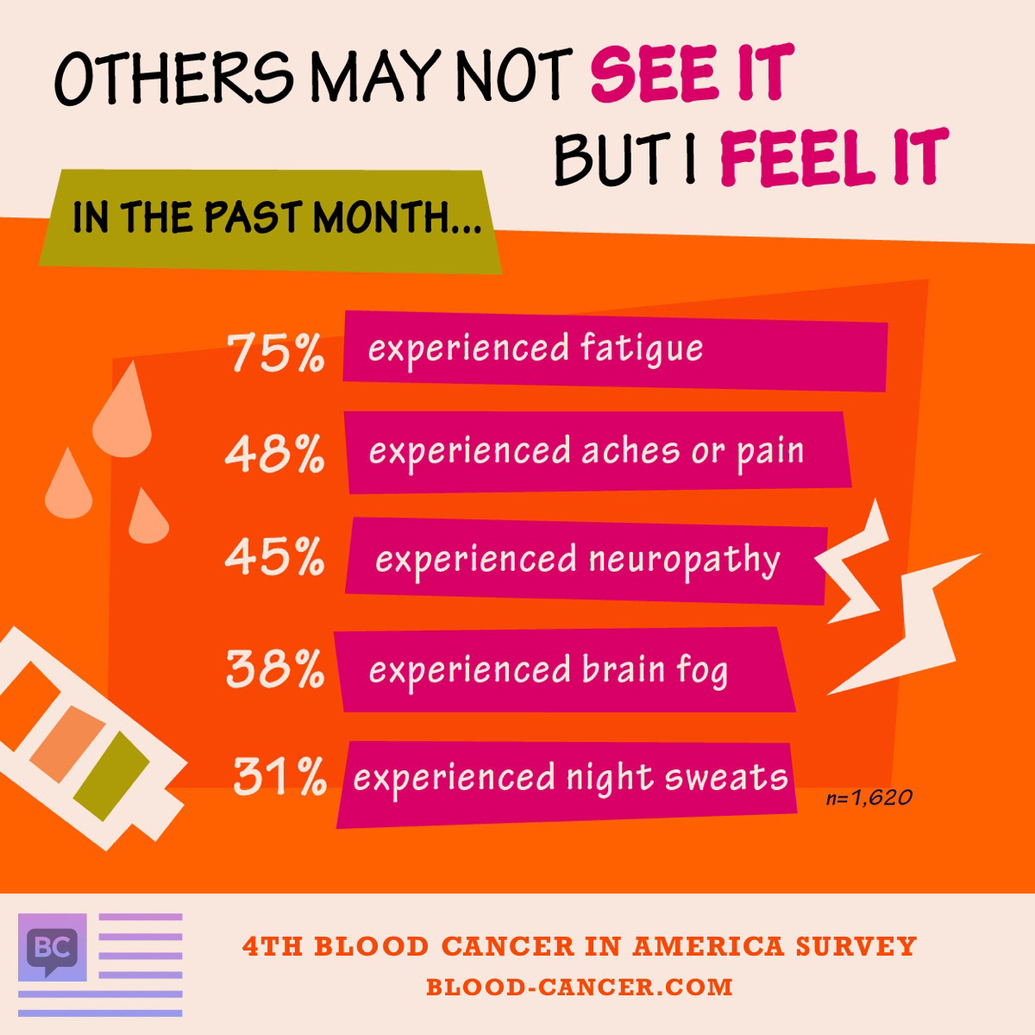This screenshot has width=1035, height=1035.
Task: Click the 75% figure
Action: (275, 354)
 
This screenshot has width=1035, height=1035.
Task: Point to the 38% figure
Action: (275, 668)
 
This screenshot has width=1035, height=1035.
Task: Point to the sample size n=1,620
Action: (869, 799)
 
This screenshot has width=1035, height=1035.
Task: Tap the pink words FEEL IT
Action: (833, 157)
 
